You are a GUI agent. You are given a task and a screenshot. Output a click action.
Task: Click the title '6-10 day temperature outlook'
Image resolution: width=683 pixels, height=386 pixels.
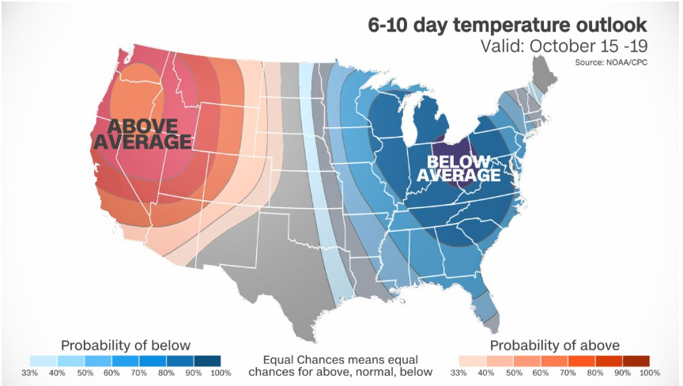coord(508,25)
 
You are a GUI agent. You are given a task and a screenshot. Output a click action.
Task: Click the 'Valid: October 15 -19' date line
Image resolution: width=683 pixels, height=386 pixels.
coord(564,46)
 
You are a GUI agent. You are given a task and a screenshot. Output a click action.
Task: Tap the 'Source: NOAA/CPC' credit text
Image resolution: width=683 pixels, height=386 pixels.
coord(611,62)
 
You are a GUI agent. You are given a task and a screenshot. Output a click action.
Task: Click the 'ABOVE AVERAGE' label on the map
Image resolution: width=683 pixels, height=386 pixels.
coord(143,134)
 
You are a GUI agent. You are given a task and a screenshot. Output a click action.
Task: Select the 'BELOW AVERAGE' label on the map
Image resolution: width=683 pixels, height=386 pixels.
coord(458,168)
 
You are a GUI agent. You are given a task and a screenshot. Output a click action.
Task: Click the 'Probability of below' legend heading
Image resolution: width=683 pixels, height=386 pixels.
coord(126,346)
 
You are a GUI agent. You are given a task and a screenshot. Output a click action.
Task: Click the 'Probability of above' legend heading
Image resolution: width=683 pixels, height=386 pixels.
coord(554,346)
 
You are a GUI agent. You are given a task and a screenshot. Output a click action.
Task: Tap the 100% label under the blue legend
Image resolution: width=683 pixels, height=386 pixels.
coord(221,373)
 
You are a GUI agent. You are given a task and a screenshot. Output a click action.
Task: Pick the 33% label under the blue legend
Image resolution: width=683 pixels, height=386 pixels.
coord(29,373)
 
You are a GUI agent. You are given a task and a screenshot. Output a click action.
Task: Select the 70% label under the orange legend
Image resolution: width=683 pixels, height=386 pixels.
coord(568,373)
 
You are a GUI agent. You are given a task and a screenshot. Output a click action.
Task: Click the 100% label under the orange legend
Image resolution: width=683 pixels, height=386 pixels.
coord(650,373)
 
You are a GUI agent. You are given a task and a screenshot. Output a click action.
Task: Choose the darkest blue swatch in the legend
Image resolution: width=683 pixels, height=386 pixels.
coord(207,361)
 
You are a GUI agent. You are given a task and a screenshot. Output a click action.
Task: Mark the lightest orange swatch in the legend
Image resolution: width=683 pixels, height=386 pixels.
coord(473,361)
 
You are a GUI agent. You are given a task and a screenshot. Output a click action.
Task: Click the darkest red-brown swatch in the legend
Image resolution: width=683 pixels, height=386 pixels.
coord(636,361)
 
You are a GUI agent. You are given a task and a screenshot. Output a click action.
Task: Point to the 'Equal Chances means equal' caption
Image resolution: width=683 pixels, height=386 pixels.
coord(341,360)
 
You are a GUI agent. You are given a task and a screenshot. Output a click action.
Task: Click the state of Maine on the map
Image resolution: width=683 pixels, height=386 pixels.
coord(541,75)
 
